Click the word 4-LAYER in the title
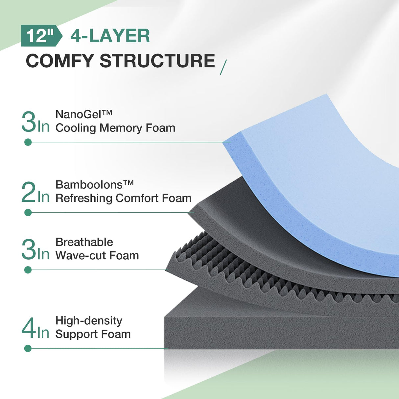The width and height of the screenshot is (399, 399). [110, 36]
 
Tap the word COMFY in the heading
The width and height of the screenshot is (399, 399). [60, 61]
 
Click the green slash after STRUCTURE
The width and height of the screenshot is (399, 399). [223, 67]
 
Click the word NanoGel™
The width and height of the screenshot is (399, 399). [84, 114]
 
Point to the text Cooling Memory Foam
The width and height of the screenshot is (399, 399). [115, 128]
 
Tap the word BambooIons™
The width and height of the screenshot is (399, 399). [94, 184]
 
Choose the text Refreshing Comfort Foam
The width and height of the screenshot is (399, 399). [123, 198]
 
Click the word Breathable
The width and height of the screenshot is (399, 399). [84, 242]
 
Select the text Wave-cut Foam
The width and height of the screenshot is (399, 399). [97, 255]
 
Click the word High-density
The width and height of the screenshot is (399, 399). [89, 320]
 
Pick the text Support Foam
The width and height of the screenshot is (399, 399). [93, 334]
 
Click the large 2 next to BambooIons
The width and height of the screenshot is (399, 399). [28, 192]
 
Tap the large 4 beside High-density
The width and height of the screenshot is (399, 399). [29, 328]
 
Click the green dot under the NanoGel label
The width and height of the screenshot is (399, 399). [28, 142]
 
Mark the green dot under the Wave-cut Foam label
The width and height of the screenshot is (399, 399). [28, 270]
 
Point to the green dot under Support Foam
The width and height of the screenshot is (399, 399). [28, 348]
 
